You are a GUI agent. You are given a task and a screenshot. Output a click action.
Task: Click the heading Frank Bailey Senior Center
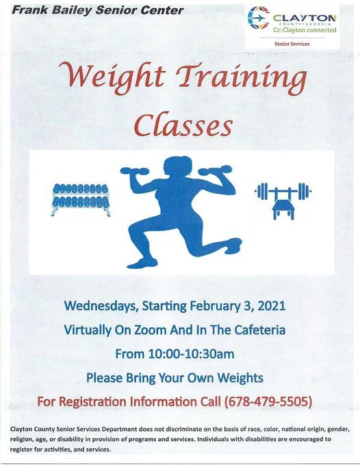point(97,10)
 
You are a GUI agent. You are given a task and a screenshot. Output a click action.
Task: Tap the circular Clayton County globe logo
point(258,18)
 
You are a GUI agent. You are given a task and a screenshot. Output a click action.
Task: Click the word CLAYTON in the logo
point(305,18)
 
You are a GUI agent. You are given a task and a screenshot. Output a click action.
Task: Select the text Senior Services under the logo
point(292,44)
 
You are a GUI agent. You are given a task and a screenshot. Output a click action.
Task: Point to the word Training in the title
point(242,77)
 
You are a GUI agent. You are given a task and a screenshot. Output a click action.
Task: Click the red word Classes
point(183,124)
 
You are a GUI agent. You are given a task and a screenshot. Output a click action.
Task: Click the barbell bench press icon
point(283,201)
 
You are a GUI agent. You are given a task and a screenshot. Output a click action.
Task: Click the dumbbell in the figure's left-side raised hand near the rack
point(135,172)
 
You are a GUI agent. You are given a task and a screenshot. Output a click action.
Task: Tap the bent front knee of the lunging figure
point(133,229)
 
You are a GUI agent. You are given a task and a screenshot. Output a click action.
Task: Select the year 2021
point(272,306)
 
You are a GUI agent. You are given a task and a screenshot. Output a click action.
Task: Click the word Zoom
point(151,330)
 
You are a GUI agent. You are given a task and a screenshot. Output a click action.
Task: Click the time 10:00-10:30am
point(191,354)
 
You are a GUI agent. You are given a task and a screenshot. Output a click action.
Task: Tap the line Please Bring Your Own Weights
point(175,378)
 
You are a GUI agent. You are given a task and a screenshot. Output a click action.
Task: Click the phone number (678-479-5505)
point(268,402)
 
